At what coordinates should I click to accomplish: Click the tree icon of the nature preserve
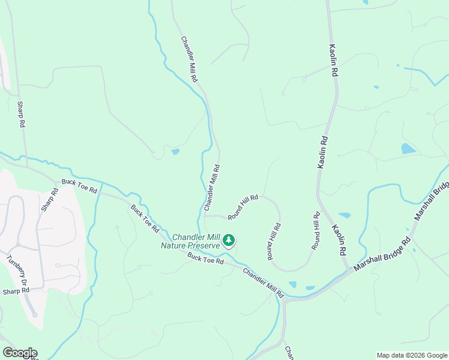(228, 241)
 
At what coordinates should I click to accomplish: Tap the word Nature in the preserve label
(174, 245)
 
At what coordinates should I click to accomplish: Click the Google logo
(19, 353)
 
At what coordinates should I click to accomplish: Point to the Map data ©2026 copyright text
(411, 355)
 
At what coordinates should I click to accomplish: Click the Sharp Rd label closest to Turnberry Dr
(16, 291)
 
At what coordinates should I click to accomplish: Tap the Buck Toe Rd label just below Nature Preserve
(205, 259)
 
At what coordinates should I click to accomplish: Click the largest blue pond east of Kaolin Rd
(408, 148)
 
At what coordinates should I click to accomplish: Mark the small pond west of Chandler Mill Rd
(175, 152)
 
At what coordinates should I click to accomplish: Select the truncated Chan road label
(288, 352)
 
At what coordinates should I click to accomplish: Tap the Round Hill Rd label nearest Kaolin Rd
(316, 230)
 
